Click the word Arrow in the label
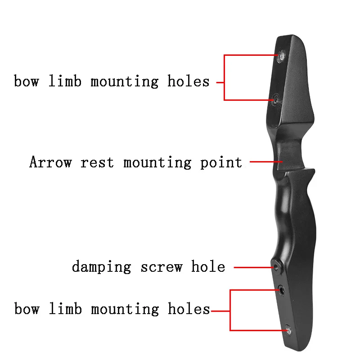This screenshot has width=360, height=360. click(x=50, y=162)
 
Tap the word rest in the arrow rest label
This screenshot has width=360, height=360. click(x=97, y=162)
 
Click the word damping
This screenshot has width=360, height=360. click(x=101, y=267)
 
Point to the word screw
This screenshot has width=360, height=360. click(x=162, y=267)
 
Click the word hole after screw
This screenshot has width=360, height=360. click(x=208, y=266)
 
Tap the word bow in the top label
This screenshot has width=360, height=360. click(x=27, y=81)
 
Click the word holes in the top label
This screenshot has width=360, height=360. click(x=189, y=81)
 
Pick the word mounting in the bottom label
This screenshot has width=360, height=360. click(x=125, y=309)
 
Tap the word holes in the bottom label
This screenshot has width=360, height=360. click(x=189, y=309)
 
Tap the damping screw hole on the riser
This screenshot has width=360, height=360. click(x=277, y=266)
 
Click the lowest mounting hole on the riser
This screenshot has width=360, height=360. click(x=288, y=330)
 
